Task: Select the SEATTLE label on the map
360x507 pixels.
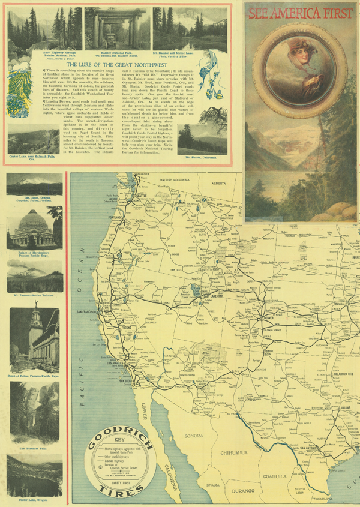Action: point(142,196)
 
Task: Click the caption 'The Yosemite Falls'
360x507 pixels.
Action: point(34,448)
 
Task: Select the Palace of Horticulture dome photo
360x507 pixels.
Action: point(34,229)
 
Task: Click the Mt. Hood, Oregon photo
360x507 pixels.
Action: point(34,185)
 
